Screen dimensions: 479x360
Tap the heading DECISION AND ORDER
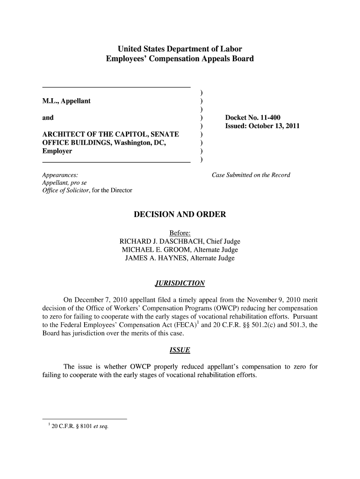tap(180, 215)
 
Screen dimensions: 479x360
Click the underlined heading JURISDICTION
tap(180, 283)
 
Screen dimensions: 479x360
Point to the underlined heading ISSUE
tap(180, 351)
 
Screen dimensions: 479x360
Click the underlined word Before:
tap(180, 233)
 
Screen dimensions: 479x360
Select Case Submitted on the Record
tap(251, 175)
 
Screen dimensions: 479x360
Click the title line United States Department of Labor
tap(180, 49)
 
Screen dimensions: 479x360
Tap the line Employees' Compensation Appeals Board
tap(180, 59)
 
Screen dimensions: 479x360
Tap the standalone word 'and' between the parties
tap(48, 117)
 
